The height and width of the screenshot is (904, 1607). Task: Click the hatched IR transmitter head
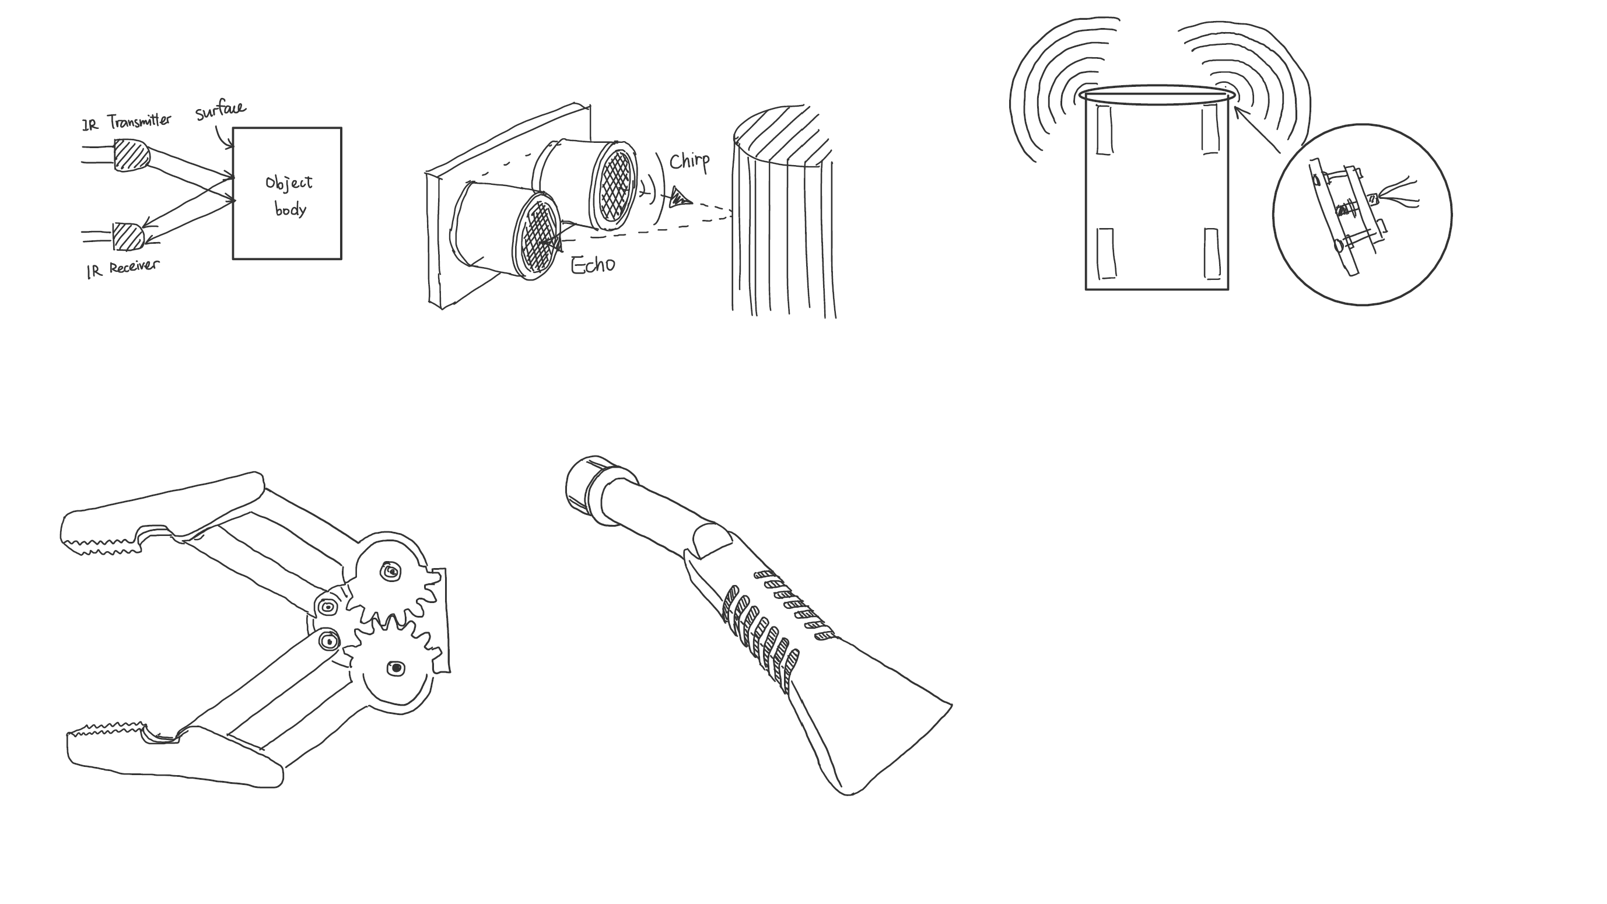[x=131, y=155]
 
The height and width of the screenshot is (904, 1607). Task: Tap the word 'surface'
[x=220, y=110]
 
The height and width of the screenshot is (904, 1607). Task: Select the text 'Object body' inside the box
[x=289, y=195]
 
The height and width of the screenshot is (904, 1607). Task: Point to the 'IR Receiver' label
[x=123, y=269]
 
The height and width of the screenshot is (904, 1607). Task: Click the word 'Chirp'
[x=689, y=162]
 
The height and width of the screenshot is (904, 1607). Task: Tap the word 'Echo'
[x=593, y=265]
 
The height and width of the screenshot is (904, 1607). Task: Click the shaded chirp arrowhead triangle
[x=680, y=197]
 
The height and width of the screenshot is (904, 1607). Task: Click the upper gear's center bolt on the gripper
[x=391, y=572]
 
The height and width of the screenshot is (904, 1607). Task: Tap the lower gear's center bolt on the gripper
[x=395, y=669]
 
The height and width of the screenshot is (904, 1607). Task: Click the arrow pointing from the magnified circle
[x=1257, y=129]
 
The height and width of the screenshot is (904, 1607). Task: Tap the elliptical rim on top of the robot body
[x=1157, y=95]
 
